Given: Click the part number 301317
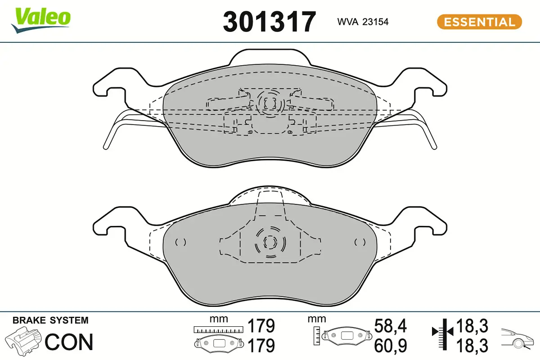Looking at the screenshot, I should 270,21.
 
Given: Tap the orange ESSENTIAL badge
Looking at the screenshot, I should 479,22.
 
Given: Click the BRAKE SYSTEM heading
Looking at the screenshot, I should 50,320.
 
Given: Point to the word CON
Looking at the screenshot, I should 69,342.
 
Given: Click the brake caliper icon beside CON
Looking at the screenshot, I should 23,342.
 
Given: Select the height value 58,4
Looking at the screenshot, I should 391,326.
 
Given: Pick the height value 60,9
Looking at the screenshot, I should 391,345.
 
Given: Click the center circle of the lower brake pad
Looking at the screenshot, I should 270,243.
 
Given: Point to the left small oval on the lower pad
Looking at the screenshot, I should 180,242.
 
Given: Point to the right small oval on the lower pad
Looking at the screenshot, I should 360,242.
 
